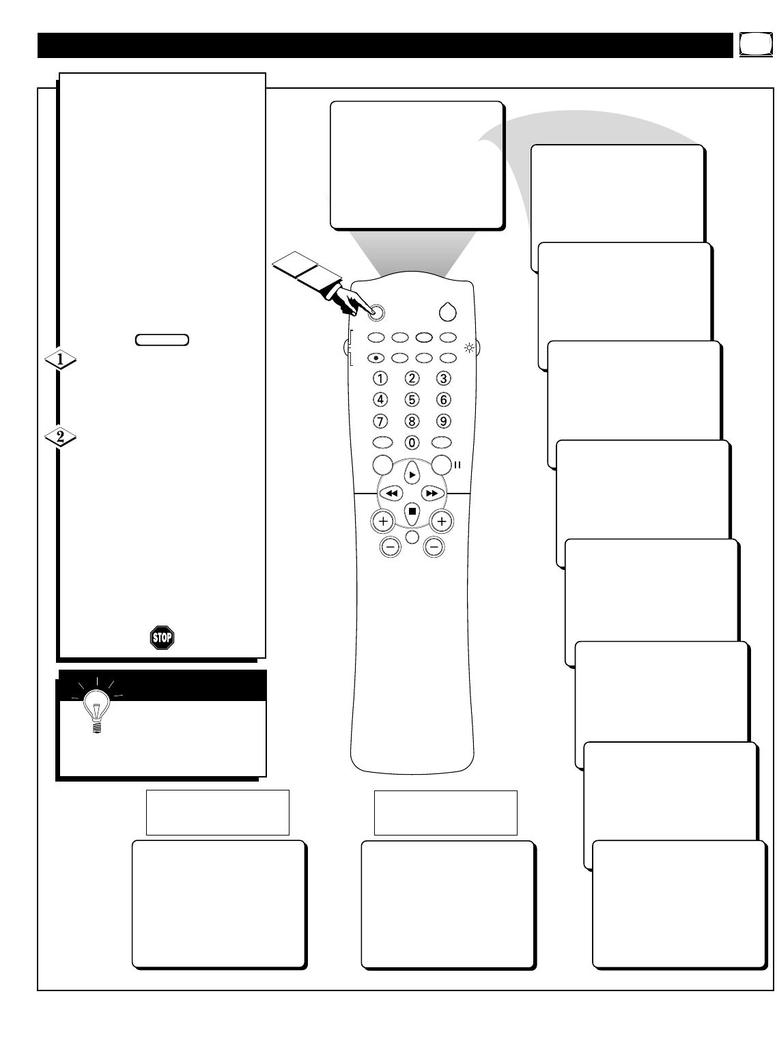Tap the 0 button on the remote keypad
(412, 442)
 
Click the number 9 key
(444, 420)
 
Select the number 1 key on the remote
(380, 377)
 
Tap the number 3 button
(444, 377)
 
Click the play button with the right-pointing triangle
(412, 474)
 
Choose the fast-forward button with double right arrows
(432, 493)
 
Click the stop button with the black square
(412, 511)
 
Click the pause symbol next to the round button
(458, 466)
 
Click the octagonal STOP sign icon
(162, 638)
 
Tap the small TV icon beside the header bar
(751, 45)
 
